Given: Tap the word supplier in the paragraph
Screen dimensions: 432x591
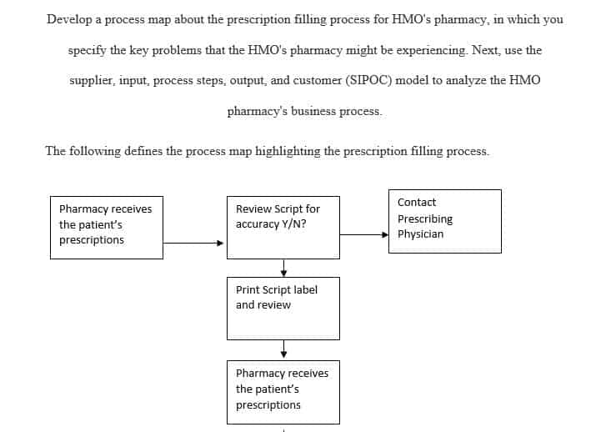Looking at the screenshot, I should [x=94, y=80].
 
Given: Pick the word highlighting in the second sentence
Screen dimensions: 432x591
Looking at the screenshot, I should [x=289, y=151].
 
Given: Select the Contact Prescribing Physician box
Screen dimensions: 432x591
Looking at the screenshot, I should [x=444, y=221].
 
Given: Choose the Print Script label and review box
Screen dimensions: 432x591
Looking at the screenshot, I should [x=283, y=308].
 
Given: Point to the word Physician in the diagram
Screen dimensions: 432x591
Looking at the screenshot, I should [x=420, y=234].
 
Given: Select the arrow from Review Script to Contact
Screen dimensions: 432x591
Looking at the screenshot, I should [x=363, y=234].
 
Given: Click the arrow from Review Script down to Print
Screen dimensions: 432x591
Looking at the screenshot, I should [x=283, y=268].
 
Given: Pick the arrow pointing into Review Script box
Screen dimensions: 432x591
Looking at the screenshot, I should [x=193, y=244].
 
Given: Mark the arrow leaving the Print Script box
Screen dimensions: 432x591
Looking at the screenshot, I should [x=283, y=349].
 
